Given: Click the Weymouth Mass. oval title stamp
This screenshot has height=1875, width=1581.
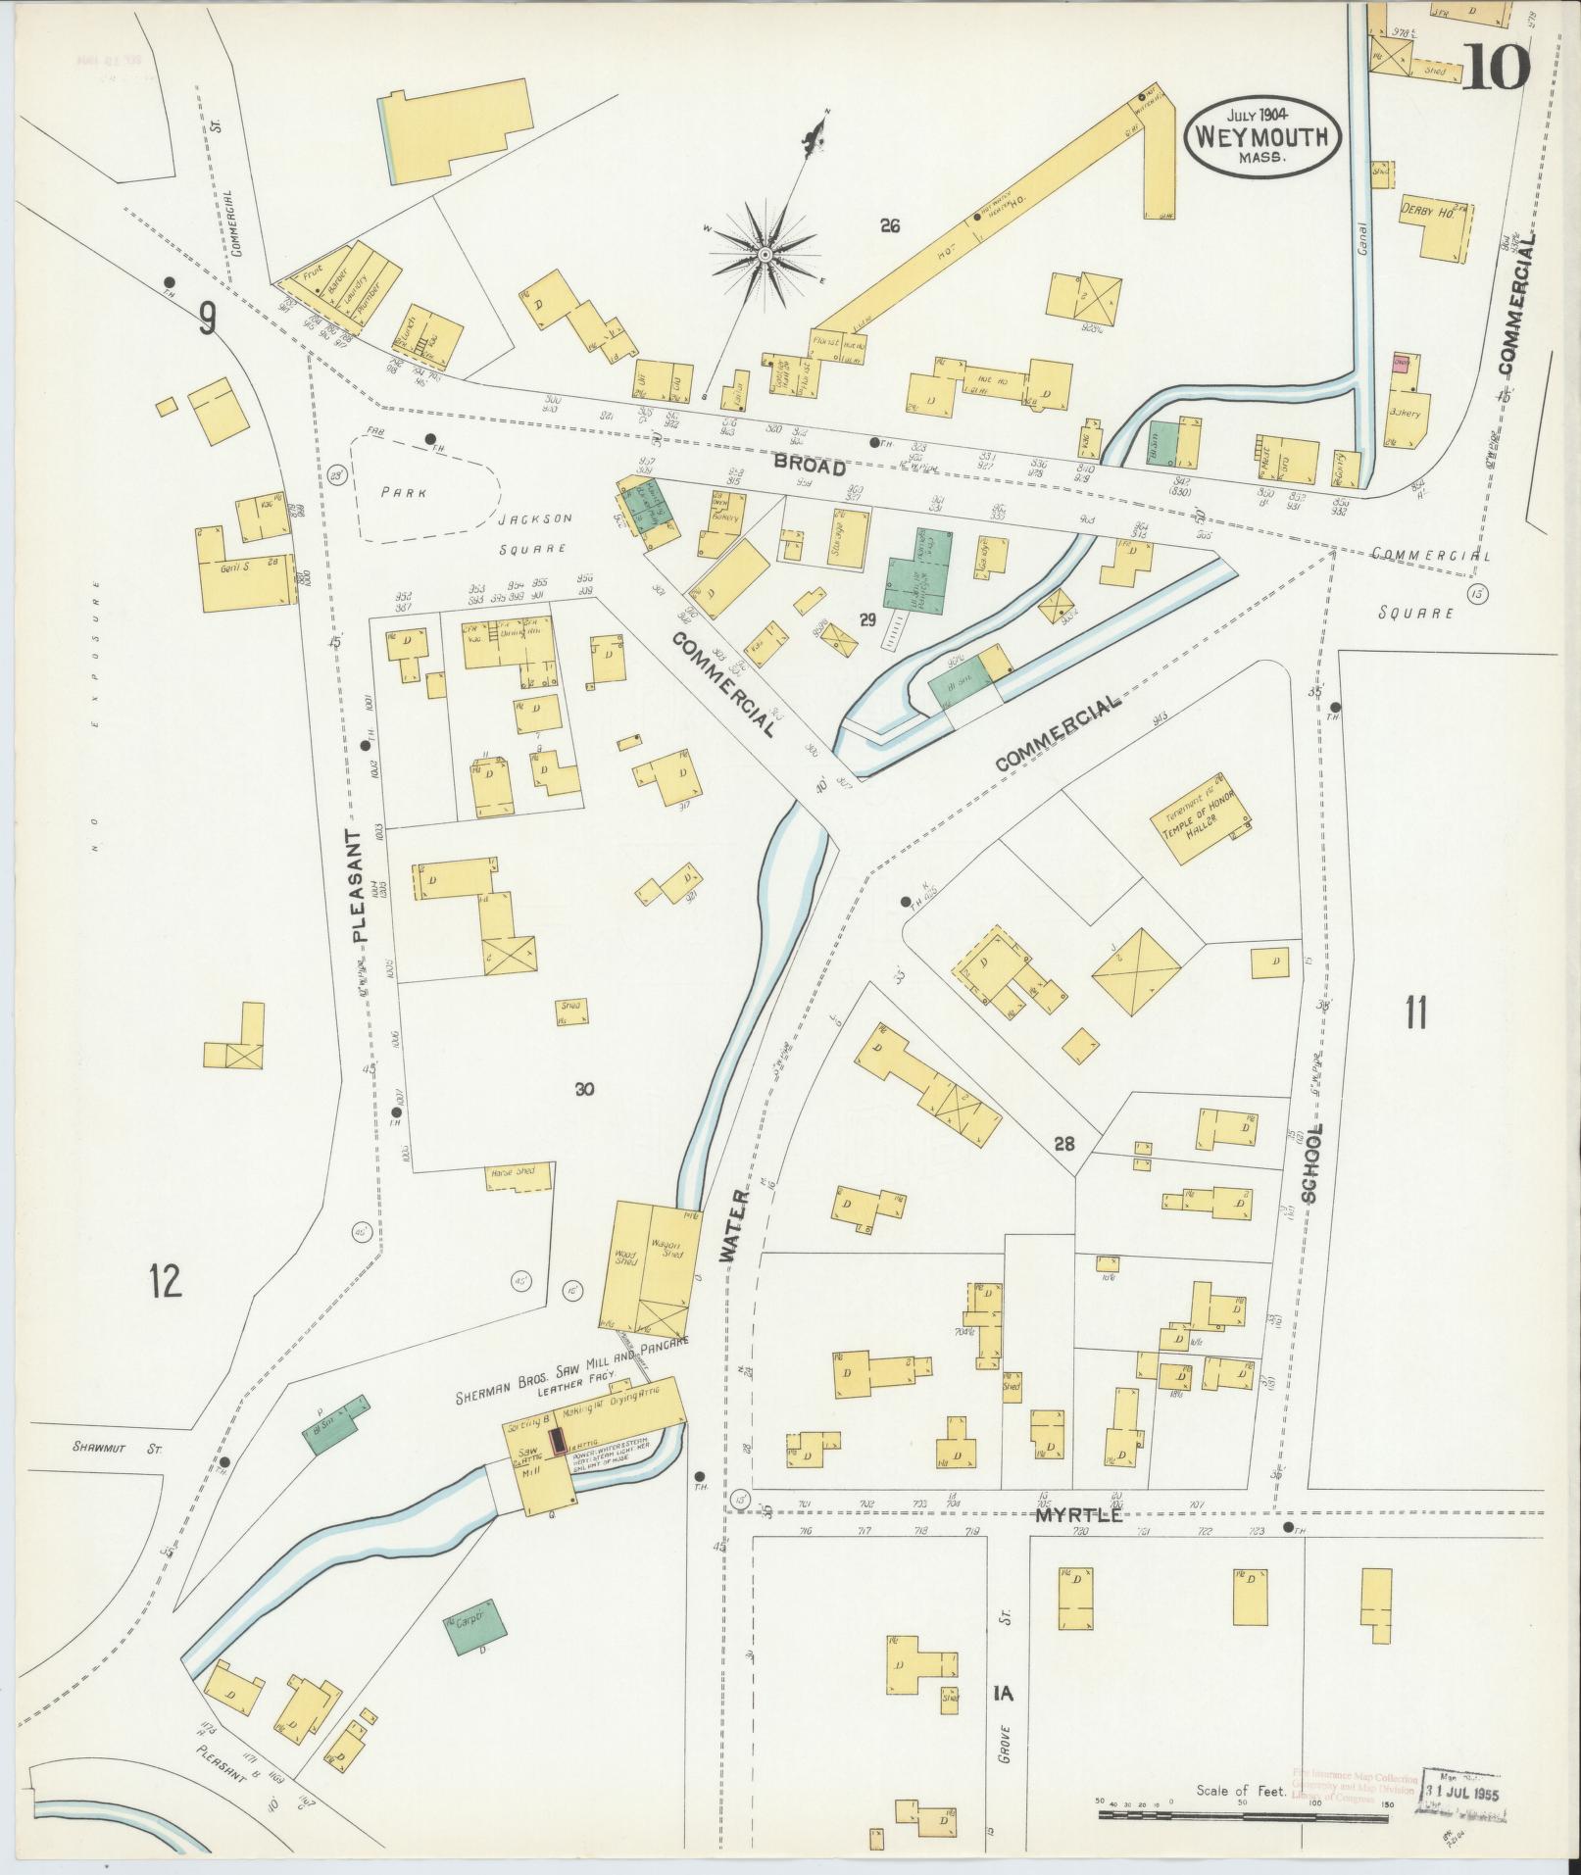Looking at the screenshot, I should point(1261,136).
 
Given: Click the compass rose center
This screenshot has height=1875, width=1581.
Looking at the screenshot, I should point(764,256).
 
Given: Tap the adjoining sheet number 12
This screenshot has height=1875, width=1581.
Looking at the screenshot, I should point(166,1280).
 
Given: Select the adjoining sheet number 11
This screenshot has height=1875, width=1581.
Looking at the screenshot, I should point(1414,1013).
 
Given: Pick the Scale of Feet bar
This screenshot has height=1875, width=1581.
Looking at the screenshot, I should point(1243,1815).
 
